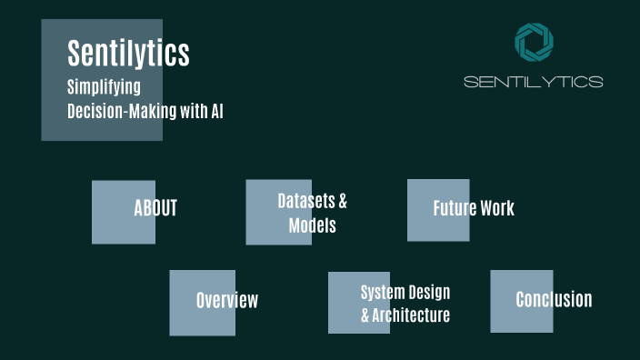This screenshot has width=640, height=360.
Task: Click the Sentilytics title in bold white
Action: [128, 53]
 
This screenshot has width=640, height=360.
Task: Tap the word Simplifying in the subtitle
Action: [104, 88]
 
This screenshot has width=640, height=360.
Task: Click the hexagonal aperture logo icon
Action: [534, 43]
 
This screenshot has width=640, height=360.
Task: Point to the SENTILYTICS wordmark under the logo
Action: [533, 82]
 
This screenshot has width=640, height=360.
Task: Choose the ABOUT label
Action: [155, 208]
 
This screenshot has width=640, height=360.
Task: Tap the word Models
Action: [312, 225]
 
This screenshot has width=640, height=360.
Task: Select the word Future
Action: [454, 208]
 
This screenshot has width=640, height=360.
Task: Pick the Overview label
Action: [227, 300]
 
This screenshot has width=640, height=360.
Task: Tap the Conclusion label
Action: [554, 299]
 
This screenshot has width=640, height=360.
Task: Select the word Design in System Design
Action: [428, 293]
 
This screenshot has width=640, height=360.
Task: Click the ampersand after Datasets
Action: [343, 201]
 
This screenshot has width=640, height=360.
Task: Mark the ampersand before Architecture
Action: [365, 315]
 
